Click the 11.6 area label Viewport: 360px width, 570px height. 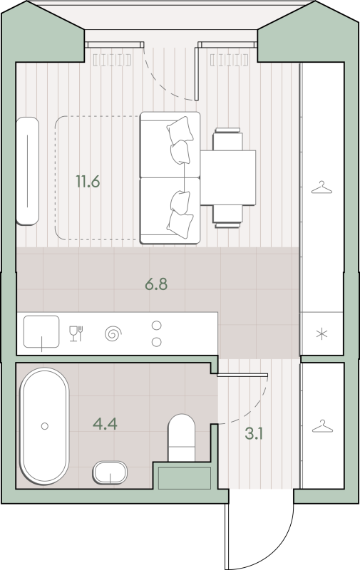[x=88, y=182]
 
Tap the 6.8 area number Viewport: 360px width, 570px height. [x=156, y=284]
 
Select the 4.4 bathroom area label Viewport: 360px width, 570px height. [x=105, y=424]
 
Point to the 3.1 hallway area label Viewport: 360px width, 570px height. [x=254, y=434]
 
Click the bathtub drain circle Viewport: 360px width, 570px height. [x=45, y=425]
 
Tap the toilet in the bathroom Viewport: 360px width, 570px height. [x=182, y=438]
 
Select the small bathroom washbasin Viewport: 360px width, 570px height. [x=110, y=472]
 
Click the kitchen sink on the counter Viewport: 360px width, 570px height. [x=41, y=331]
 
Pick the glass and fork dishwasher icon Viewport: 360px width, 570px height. [x=76, y=333]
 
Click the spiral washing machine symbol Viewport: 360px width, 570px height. [x=113, y=333]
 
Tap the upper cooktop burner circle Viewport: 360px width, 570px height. [x=156, y=326]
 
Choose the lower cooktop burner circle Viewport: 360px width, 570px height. [x=156, y=342]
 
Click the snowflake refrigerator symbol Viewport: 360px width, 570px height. [x=322, y=333]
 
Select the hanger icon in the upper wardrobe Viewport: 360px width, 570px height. [x=322, y=187]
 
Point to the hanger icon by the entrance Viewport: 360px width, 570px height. [x=322, y=426]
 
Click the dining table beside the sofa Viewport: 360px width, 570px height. [x=228, y=177]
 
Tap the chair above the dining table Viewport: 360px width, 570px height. [x=227, y=139]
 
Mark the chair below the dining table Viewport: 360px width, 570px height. [x=227, y=217]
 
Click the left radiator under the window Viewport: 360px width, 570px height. [x=112, y=60]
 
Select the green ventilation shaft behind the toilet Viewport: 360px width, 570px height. [x=185, y=478]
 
